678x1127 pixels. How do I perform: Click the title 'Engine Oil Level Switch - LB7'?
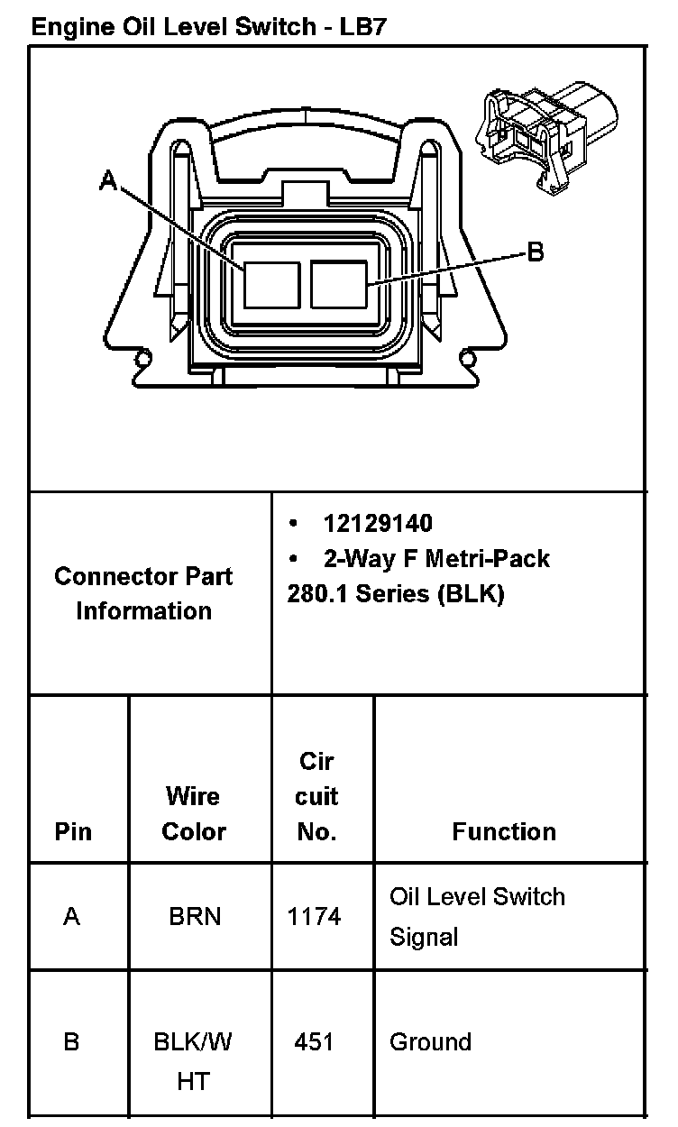click(x=209, y=26)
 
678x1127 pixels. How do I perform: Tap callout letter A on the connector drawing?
click(x=108, y=183)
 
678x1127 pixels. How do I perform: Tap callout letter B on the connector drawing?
click(x=536, y=252)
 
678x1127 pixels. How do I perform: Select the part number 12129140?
click(x=378, y=524)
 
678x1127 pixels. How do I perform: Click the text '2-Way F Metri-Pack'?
click(x=436, y=559)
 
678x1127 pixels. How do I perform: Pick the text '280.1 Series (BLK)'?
click(x=396, y=595)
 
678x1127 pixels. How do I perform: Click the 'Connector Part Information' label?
click(x=144, y=593)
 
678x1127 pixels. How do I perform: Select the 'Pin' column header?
click(x=73, y=831)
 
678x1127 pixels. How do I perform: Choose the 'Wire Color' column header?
click(x=193, y=814)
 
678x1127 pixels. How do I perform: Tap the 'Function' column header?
click(x=503, y=831)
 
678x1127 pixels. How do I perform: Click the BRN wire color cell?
click(x=194, y=917)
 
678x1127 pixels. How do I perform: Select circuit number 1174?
click(x=314, y=917)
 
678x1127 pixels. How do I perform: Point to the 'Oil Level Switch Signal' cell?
click(x=477, y=917)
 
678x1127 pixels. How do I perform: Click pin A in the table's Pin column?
click(x=72, y=917)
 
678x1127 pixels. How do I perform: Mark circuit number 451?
click(x=314, y=1042)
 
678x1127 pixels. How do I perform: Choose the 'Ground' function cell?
click(x=430, y=1042)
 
